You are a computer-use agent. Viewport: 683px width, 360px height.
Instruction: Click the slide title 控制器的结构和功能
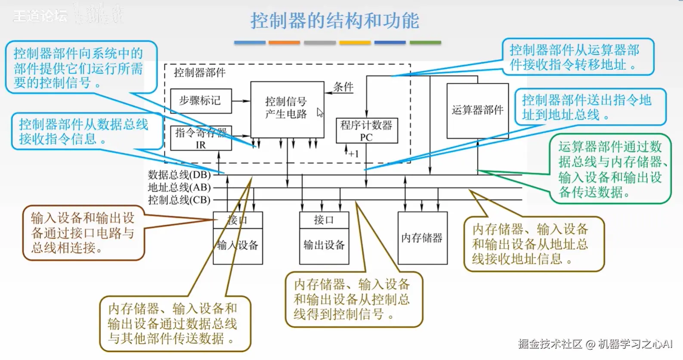334,20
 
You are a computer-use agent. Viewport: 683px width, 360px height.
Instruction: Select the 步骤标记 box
201,101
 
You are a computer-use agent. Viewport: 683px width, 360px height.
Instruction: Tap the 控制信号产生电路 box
287,109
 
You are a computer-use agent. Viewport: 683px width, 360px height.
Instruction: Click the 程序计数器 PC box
367,130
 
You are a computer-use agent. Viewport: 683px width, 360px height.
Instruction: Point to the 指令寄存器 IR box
201,139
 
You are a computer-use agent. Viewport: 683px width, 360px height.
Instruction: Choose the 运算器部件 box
477,110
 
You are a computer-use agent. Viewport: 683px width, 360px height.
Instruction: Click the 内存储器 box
422,238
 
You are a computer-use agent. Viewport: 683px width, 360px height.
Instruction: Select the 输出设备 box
324,245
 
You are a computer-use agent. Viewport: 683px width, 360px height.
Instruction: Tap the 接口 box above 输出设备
324,220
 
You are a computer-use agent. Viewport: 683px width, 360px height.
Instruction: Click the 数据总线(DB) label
179,175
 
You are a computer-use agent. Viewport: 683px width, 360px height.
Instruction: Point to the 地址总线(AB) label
179,187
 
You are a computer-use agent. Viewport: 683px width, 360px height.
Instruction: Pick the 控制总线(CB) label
179,200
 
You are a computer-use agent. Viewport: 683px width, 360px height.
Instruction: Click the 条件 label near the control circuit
343,87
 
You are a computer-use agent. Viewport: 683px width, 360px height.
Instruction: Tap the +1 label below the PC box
353,154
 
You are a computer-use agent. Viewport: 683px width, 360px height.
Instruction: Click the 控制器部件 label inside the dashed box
199,72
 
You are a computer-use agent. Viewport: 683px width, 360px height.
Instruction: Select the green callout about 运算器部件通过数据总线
610,169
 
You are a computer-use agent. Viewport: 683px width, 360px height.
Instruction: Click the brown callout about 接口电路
83,233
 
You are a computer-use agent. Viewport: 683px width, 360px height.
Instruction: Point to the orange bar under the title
284,43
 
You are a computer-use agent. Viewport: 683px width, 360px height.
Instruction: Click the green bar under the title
425,43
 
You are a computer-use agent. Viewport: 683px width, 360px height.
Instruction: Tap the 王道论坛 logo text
40,16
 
